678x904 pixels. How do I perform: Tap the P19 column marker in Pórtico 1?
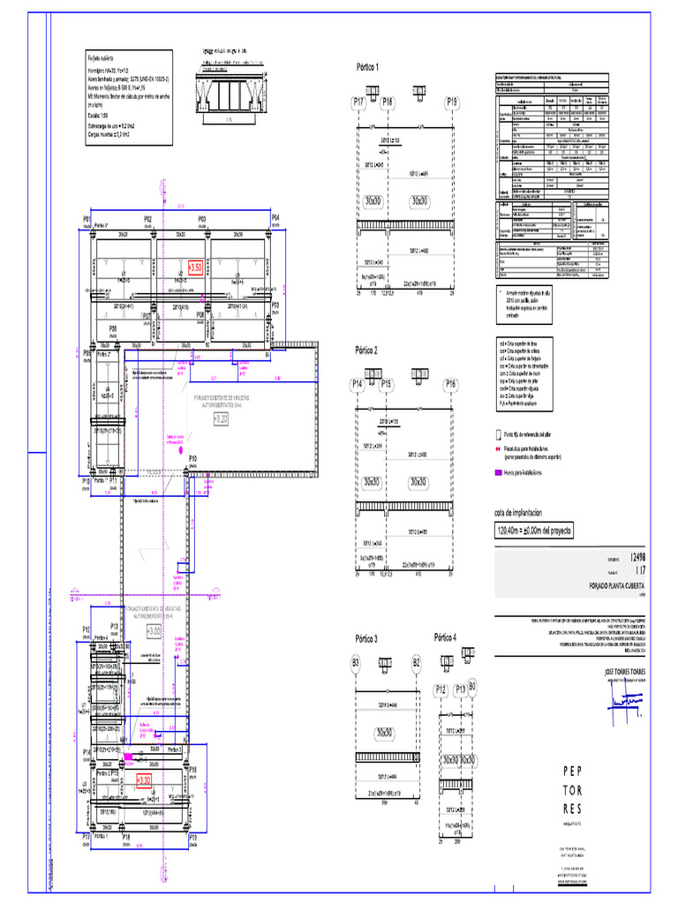tap(452, 103)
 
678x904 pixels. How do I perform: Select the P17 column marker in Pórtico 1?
tap(360, 103)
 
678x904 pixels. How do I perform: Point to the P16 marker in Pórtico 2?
tap(451, 384)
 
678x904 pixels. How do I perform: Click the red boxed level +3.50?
tap(197, 266)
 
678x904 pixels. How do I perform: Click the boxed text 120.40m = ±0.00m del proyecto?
tap(535, 531)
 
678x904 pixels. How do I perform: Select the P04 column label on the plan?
tap(275, 217)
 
